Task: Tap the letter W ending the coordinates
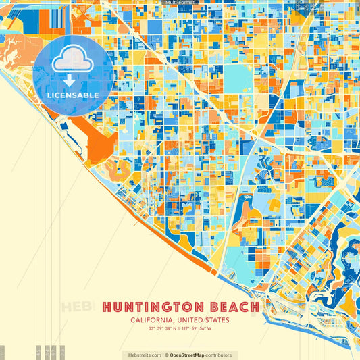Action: coord(209,329)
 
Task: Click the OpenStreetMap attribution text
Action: coord(190,355)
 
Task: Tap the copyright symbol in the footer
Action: coord(166,355)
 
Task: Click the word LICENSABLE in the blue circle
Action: coord(73,95)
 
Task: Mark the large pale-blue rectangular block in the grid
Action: coord(238,80)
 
